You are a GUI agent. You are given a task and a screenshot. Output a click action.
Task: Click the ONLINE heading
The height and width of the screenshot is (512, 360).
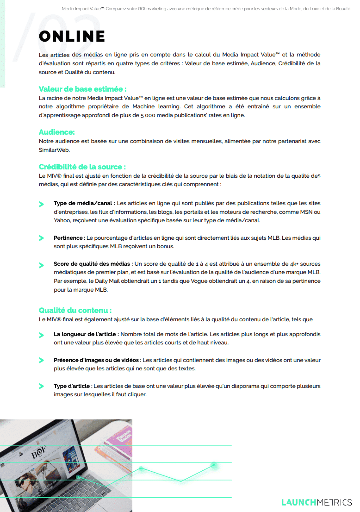(72, 37)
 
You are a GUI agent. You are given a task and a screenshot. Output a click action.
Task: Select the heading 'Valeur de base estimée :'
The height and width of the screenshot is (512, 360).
(82, 89)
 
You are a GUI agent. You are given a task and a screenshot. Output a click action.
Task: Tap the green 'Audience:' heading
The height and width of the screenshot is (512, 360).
(56, 132)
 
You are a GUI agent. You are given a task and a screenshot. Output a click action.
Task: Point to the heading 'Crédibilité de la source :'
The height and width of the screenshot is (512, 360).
(82, 167)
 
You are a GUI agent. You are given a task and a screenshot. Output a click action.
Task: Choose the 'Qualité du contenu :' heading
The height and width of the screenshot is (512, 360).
(75, 310)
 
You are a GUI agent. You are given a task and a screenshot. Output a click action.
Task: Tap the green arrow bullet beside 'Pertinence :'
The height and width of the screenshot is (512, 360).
(42, 238)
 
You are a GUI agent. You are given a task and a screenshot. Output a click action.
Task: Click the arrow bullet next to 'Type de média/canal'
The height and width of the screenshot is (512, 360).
(42, 204)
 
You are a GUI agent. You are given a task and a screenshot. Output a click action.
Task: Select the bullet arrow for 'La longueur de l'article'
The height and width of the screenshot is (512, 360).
(42, 334)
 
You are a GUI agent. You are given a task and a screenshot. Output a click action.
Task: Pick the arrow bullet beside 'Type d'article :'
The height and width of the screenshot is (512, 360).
(42, 386)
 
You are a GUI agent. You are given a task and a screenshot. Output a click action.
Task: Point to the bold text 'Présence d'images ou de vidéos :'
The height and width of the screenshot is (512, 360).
(97, 360)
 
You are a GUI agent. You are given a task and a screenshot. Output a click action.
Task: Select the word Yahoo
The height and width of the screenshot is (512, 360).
(62, 220)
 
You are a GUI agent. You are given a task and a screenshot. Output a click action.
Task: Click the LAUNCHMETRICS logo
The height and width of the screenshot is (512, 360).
(317, 502)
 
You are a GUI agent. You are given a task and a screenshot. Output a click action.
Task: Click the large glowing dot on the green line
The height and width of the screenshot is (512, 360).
(214, 465)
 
